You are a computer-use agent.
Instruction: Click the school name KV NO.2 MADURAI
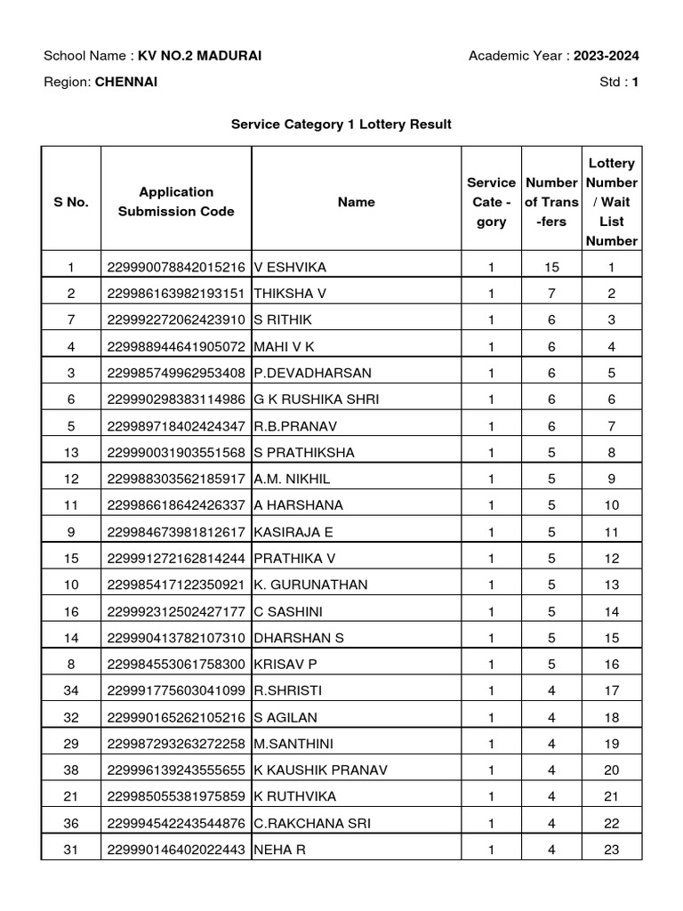(199, 57)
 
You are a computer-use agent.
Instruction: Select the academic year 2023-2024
(606, 57)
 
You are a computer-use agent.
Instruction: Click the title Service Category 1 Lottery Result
(341, 125)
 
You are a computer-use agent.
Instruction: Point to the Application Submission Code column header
(176, 202)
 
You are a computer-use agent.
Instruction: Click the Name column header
(356, 202)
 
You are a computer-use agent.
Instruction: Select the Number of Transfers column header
(551, 202)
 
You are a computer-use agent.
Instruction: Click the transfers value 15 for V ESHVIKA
(551, 266)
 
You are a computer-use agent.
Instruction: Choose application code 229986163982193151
(176, 293)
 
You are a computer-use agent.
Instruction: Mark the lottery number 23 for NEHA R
(611, 850)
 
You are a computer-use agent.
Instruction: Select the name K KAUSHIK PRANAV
(320, 770)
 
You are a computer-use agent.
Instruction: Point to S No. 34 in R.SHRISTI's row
(71, 690)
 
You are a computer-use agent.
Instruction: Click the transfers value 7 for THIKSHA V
(551, 293)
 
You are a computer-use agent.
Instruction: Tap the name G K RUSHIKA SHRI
(316, 399)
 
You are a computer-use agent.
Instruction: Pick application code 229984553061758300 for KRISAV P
(176, 665)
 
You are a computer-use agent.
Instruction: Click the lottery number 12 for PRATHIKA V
(611, 558)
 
